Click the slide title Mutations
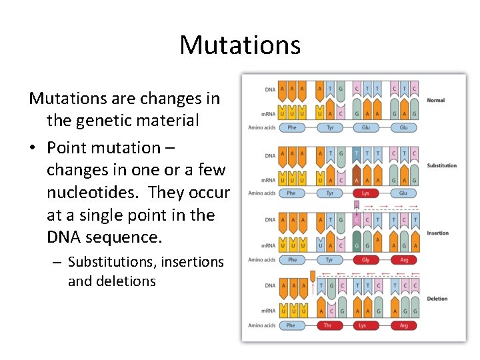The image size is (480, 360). (240, 45)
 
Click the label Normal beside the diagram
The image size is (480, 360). (435, 101)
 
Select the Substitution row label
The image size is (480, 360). (442, 165)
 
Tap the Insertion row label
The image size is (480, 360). (438, 233)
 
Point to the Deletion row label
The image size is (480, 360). (437, 299)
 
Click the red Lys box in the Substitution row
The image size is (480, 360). (365, 193)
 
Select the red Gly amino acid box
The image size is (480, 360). (365, 260)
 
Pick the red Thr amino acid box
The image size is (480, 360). (327, 326)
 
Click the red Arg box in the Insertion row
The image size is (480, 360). (404, 260)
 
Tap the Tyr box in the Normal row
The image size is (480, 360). (329, 127)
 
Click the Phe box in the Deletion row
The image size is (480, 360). (291, 326)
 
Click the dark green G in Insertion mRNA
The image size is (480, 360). (357, 246)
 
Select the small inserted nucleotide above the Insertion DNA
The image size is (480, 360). (357, 205)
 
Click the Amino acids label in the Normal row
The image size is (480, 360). (261, 127)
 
